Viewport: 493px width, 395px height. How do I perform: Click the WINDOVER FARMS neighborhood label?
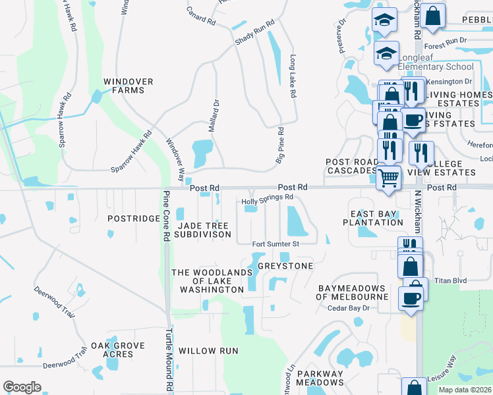pos(129,86)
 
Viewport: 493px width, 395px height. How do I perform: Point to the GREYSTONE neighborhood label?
pos(285,266)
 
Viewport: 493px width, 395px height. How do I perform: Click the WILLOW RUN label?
pos(208,351)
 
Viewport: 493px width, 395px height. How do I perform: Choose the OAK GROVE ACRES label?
pos(112,350)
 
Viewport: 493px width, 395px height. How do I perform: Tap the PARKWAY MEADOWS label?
pos(320,378)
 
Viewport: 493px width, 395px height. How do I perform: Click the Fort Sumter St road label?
pos(276,244)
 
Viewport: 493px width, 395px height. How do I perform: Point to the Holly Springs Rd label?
pos(267,197)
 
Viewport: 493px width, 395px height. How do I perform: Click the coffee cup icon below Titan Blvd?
pos(412,298)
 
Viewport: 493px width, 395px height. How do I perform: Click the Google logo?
pos(22,387)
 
